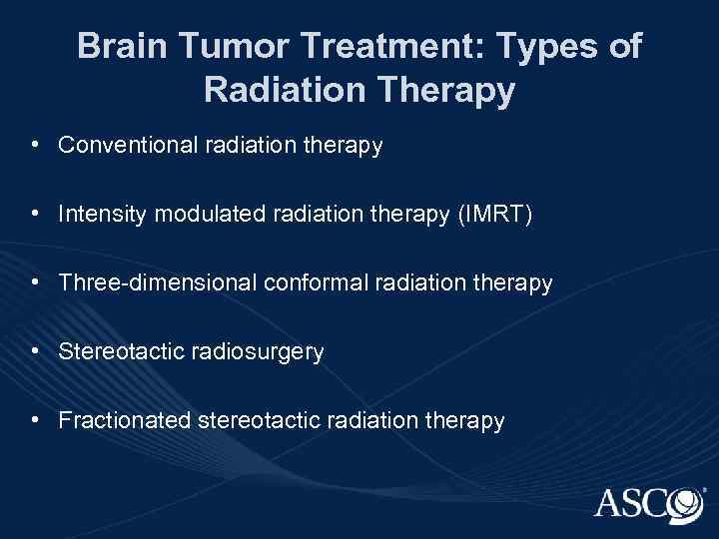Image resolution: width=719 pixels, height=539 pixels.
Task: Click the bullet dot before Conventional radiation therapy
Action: point(36,146)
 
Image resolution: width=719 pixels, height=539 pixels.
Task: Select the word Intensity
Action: point(97,214)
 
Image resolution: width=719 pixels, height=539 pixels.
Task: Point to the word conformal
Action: point(311,283)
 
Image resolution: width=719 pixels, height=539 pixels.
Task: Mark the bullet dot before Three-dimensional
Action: point(36,283)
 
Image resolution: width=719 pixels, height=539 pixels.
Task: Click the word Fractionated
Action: point(124,422)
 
